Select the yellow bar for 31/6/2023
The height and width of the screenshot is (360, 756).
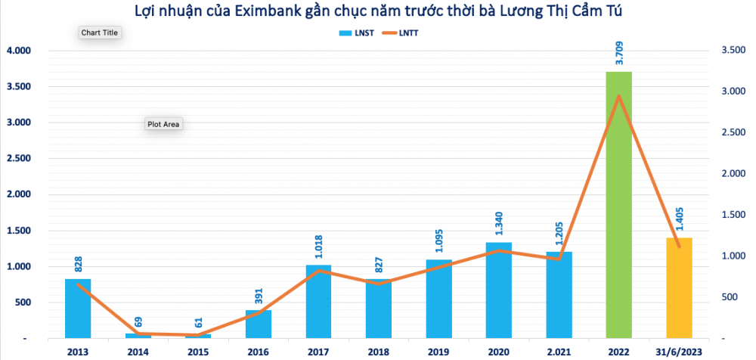(679, 287)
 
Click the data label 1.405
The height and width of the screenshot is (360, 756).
(679, 222)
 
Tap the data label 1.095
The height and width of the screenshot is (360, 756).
(438, 244)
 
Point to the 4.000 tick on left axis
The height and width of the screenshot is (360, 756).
(18, 51)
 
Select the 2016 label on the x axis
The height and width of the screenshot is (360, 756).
(259, 351)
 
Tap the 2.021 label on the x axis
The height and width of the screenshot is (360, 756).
(559, 351)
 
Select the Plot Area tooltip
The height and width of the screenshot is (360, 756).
(163, 124)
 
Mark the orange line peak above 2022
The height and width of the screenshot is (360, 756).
(618, 96)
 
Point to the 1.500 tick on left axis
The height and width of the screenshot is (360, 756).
(18, 231)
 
